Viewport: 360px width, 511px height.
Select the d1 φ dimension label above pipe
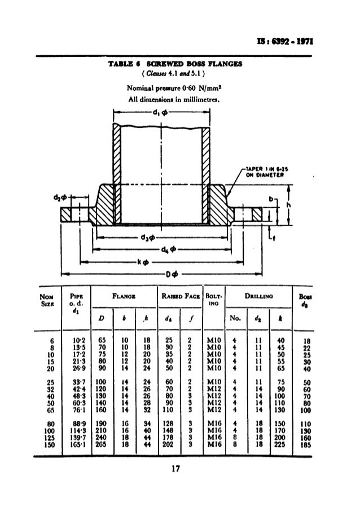[x=159, y=112]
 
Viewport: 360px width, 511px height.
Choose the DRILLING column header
[x=256, y=296]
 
